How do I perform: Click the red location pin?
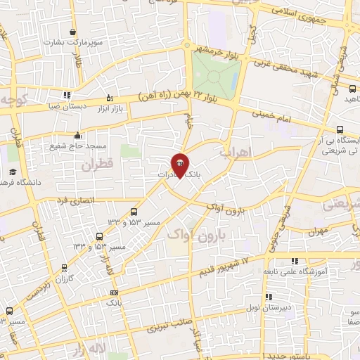click(180, 166)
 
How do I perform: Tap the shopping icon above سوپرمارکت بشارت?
click(73, 32)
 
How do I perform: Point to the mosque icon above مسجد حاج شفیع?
click(77, 136)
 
